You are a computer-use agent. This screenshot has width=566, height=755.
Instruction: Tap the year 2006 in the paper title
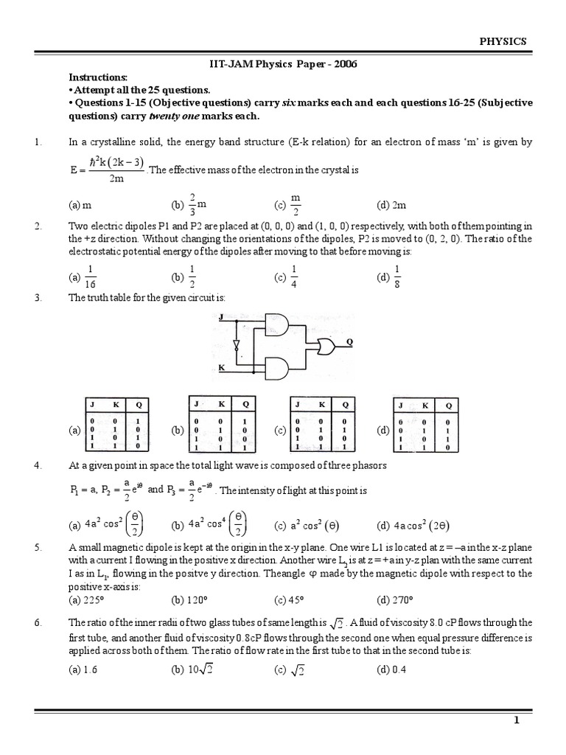pyautogui.click(x=343, y=64)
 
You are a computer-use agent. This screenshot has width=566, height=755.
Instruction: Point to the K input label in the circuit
pyautogui.click(x=221, y=366)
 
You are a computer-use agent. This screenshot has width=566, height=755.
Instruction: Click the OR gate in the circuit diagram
pyautogui.click(x=324, y=344)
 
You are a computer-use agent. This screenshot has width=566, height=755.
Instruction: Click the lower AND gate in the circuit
pyautogui.click(x=278, y=366)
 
